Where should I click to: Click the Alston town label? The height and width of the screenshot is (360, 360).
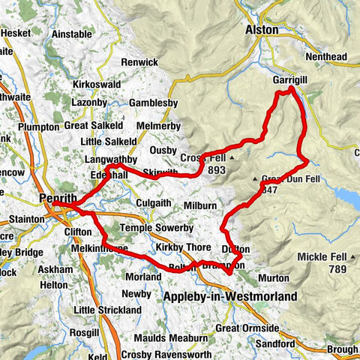262,30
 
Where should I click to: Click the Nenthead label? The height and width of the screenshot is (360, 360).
328,55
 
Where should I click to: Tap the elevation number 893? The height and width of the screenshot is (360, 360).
217,170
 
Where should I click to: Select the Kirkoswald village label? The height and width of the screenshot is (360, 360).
94,85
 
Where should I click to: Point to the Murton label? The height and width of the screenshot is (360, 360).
275,277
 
